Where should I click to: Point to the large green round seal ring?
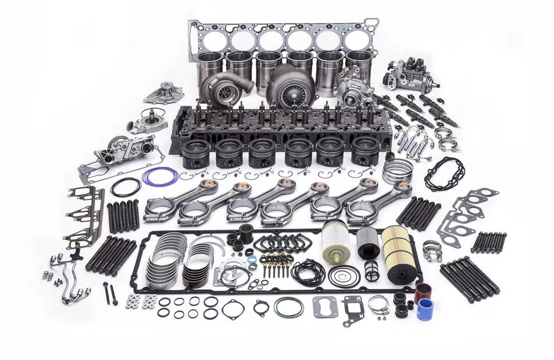click(288, 306)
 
